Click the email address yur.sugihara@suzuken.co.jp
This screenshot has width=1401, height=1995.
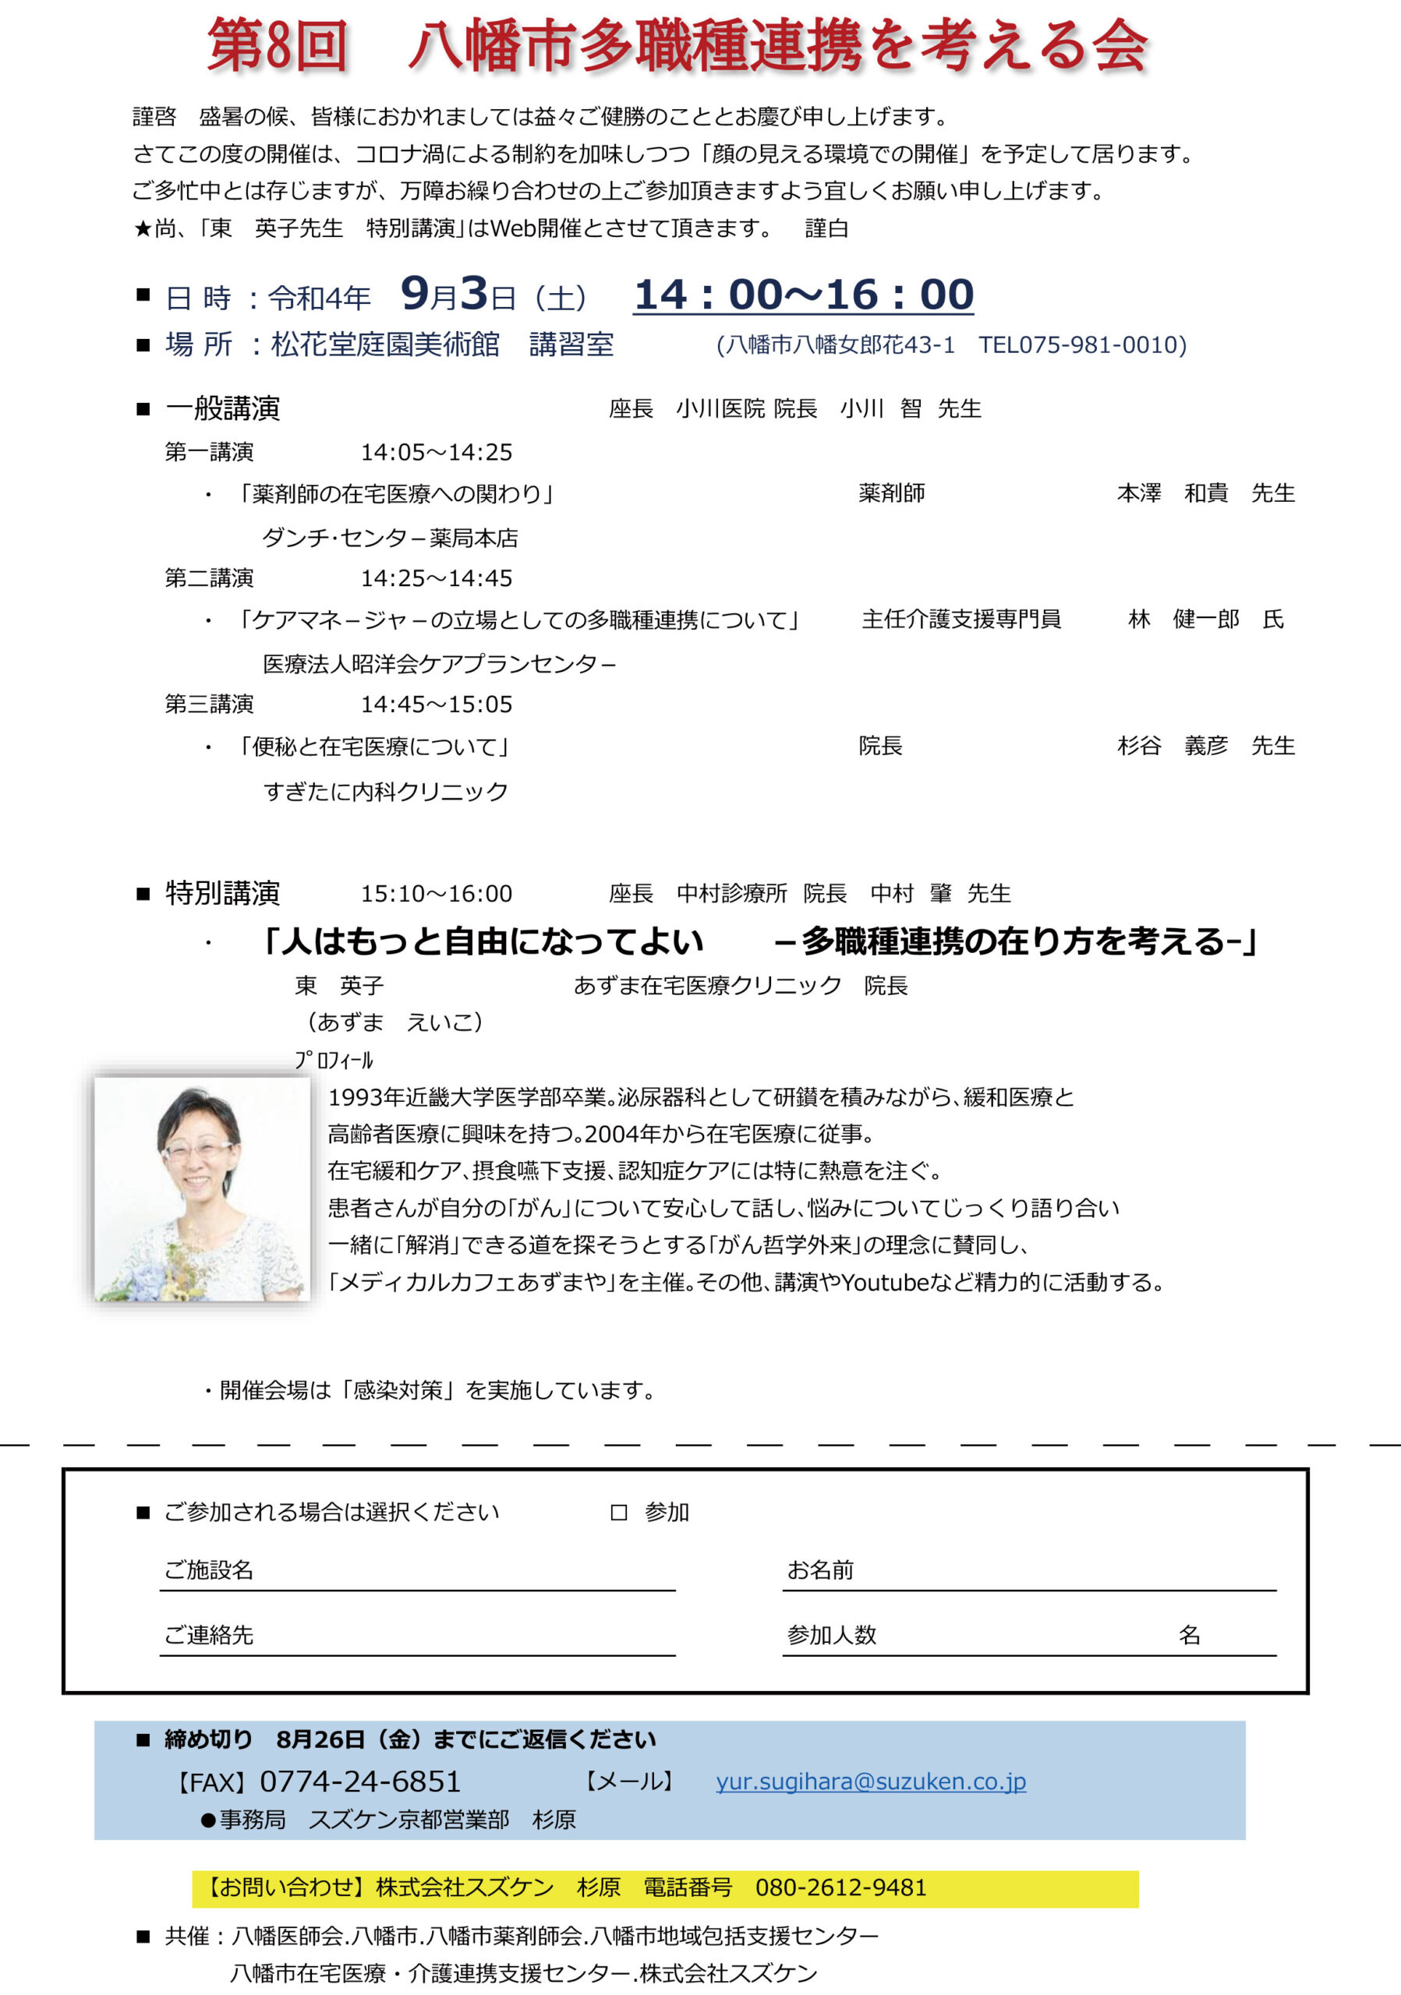(x=871, y=1781)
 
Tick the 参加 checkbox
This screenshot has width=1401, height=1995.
(x=619, y=1513)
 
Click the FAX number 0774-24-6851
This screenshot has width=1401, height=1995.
(x=360, y=1781)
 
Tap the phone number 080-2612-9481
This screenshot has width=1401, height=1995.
(x=840, y=1887)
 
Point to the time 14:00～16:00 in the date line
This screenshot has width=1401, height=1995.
(x=803, y=295)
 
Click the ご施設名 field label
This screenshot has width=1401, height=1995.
(x=209, y=1570)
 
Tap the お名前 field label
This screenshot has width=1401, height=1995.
(x=820, y=1570)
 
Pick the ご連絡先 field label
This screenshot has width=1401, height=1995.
(x=209, y=1635)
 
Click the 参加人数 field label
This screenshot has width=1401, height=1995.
(x=832, y=1635)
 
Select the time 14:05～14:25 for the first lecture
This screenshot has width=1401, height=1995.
(x=437, y=453)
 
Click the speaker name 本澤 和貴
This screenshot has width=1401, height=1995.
(x=1173, y=493)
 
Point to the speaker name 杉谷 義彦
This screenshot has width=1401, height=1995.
(x=1173, y=746)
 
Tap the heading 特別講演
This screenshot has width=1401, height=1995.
(x=222, y=893)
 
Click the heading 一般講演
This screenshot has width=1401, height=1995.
(x=222, y=408)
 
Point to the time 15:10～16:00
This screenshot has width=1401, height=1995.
(x=437, y=894)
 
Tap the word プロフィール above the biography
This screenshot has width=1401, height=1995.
(x=334, y=1060)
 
